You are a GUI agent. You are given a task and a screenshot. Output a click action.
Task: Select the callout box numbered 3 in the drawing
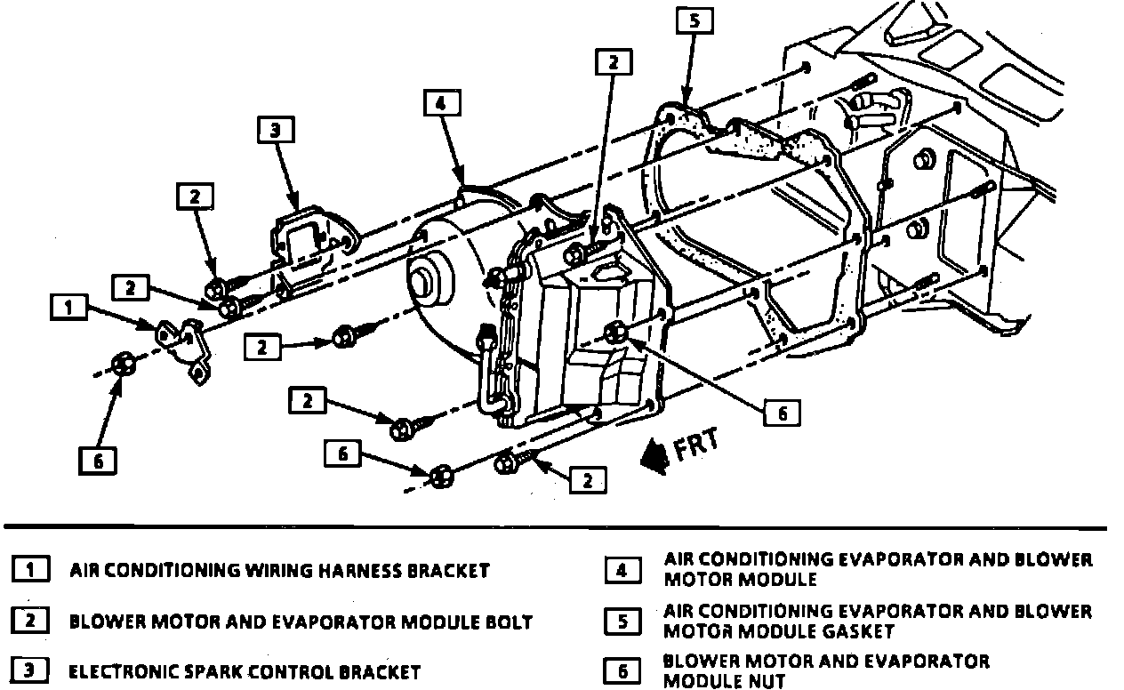pos(275,131)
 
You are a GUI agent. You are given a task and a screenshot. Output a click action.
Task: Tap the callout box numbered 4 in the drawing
pos(441,103)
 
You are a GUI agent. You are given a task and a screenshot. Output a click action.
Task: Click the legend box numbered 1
pos(29,569)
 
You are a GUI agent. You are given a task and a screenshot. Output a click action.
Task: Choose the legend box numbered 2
pos(29,620)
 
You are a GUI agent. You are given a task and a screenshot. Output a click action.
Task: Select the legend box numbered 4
pos(622,570)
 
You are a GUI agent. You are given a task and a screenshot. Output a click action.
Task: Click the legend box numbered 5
pos(622,621)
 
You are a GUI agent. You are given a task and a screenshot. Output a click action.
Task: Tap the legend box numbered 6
pos(622,670)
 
